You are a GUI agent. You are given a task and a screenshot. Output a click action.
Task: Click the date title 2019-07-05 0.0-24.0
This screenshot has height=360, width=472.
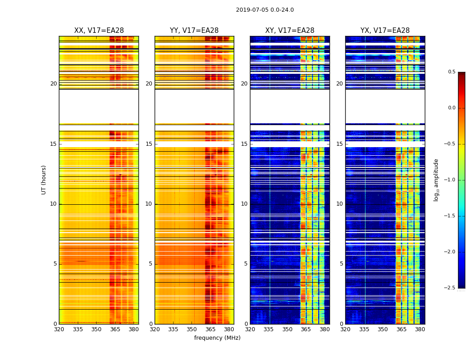(265, 10)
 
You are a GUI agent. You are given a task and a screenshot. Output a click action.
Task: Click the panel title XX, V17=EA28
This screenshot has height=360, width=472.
(99, 31)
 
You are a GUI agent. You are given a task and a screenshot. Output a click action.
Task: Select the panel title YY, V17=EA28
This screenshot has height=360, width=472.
(194, 31)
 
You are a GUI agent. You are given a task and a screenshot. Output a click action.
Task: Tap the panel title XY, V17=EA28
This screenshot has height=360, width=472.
(289, 31)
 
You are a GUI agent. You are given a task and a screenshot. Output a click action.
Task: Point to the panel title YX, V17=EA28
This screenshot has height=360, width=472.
(385, 31)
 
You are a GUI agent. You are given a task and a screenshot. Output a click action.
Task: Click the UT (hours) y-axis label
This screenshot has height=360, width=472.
(44, 180)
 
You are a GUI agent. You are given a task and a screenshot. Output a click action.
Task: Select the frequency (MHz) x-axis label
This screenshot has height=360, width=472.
(217, 338)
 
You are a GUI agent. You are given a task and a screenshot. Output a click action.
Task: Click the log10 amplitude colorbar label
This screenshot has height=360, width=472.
(436, 180)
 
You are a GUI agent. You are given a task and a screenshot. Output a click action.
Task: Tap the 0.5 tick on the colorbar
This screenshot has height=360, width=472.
(451, 72)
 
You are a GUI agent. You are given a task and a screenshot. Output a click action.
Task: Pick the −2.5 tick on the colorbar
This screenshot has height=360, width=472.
(450, 288)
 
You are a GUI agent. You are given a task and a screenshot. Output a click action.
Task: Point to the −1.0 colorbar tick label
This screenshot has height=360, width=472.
(450, 180)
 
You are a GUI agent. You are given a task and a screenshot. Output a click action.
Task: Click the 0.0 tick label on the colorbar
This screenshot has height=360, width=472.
(451, 108)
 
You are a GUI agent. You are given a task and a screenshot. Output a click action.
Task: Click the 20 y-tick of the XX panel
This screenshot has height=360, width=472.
(53, 84)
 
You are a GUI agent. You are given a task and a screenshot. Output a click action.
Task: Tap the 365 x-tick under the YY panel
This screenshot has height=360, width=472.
(210, 329)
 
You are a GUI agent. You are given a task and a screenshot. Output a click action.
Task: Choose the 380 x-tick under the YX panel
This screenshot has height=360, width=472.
(420, 329)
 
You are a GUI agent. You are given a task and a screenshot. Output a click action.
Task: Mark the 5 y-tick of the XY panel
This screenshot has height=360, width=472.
(246, 264)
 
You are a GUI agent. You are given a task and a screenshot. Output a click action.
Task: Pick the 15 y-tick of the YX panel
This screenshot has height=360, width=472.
(340, 144)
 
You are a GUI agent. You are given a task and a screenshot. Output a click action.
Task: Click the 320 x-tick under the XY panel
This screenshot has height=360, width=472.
(250, 329)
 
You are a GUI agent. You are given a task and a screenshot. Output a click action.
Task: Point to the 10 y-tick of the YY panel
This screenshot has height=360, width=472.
(149, 204)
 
